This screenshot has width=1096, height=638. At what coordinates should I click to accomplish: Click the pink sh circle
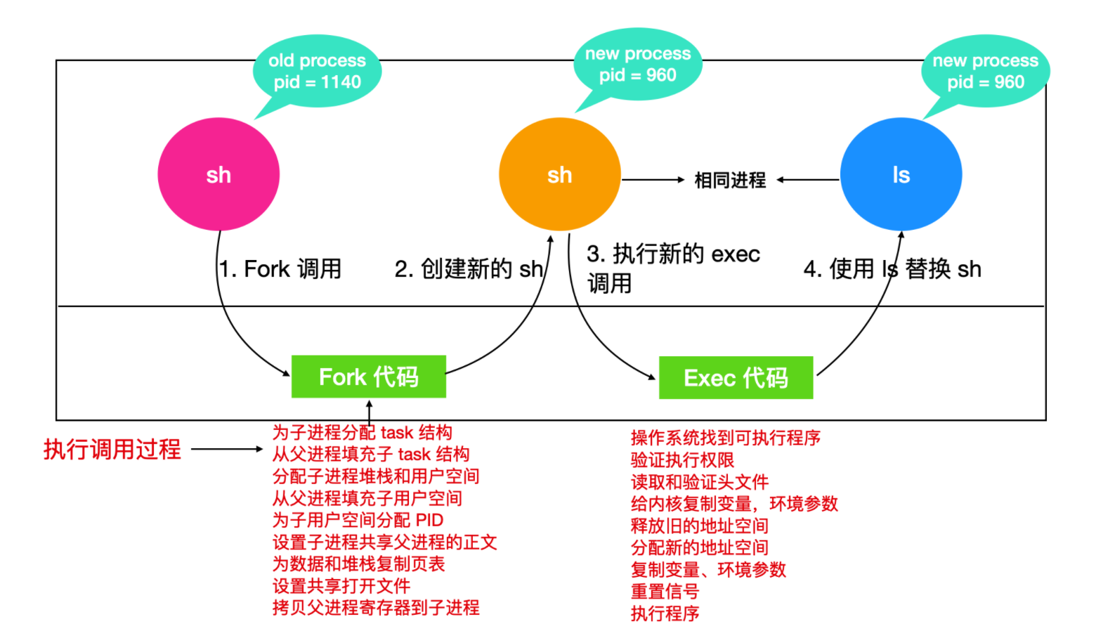point(218,174)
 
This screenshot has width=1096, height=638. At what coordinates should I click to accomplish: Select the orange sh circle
point(559,174)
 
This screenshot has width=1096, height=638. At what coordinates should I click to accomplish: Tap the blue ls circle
point(901,174)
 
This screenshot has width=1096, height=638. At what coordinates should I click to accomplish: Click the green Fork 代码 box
point(368,377)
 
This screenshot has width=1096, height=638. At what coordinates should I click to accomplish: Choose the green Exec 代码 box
point(736,378)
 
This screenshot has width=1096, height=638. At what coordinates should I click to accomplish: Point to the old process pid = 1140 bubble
point(316,71)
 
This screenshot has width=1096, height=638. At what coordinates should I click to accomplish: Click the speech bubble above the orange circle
point(637,64)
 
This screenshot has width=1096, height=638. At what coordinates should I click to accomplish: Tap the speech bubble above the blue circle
point(985,71)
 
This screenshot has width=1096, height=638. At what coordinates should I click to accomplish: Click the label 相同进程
point(730,181)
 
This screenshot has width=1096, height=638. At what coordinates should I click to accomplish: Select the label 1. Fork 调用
point(280,268)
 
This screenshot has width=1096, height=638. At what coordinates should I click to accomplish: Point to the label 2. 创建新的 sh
point(469,268)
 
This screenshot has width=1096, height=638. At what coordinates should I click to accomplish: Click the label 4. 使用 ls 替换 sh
point(892,268)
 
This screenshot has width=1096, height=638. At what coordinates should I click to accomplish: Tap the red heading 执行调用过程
point(112,449)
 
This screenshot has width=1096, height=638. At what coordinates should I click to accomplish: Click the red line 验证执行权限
point(682,460)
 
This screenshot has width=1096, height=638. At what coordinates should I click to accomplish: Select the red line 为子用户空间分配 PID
point(358,520)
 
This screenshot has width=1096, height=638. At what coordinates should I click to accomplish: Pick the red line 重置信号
point(665,592)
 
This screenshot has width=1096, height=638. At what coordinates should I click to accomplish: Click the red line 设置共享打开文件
point(341,586)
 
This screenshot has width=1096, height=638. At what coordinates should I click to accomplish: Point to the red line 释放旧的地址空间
point(699,526)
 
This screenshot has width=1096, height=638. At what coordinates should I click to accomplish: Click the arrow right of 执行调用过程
point(226,449)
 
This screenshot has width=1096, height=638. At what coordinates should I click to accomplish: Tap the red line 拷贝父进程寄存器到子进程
point(376,608)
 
